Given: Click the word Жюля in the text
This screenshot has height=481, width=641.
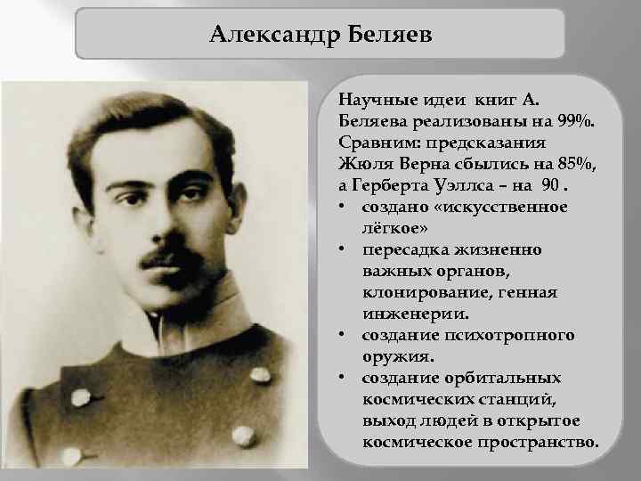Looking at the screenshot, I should pyautogui.click(x=363, y=163).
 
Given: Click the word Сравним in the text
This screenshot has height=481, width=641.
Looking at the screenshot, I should pyautogui.click(x=374, y=142).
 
